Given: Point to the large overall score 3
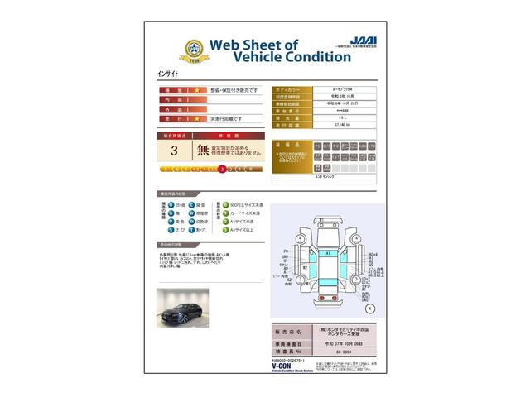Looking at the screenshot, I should pos(174,151).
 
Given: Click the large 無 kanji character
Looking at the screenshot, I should pos(203,151).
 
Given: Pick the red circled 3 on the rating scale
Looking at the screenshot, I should pos(222,169).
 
